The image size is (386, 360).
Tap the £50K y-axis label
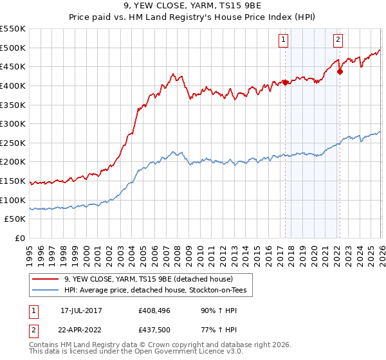pyautogui.click(x=15, y=219)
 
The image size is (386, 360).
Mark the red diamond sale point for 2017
pyautogui.click(x=285, y=82)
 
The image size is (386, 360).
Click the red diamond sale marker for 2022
pyautogui.click(x=339, y=71)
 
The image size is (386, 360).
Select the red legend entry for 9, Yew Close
pyautogui.click(x=152, y=279)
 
